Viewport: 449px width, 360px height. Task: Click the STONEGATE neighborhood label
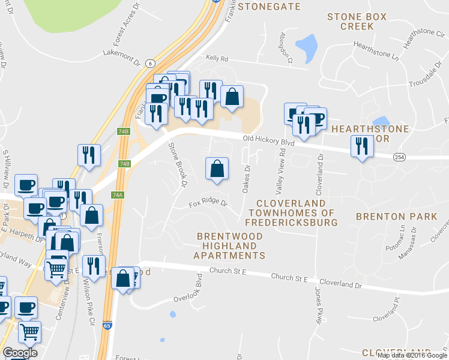(269, 7)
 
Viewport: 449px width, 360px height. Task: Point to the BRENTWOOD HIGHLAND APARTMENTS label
(230, 246)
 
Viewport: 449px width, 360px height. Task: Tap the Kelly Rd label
(217, 59)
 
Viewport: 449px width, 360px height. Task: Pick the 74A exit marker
(118, 195)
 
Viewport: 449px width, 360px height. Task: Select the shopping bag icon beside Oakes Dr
(217, 169)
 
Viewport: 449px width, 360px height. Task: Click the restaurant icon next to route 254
(361, 147)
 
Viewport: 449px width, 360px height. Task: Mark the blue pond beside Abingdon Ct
(306, 44)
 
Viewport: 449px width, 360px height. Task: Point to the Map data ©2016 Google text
(412, 355)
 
